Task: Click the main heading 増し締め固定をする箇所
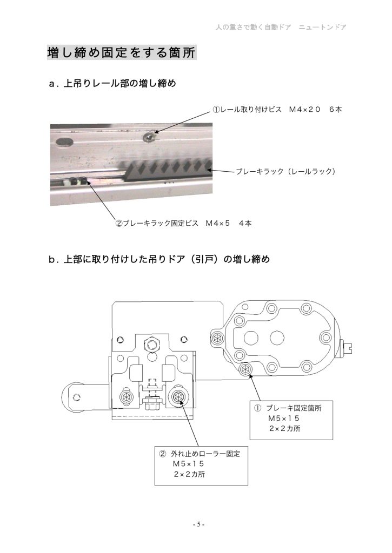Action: (122, 52)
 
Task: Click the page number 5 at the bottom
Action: (198, 524)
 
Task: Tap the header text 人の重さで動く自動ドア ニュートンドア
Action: (281, 27)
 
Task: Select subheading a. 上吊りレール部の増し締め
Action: (112, 84)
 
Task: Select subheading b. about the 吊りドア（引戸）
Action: (160, 259)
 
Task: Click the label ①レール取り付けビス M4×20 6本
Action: (277, 109)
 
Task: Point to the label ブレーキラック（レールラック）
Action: (285, 171)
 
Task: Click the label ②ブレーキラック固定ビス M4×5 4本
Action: (184, 223)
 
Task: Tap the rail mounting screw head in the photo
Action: (150, 136)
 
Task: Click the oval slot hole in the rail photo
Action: (65, 142)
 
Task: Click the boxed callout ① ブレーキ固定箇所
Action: (291, 420)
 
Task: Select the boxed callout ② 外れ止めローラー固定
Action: (201, 466)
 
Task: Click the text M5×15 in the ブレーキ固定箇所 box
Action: (283, 419)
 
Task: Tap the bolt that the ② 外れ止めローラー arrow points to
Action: (177, 397)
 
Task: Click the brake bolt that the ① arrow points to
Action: (245, 369)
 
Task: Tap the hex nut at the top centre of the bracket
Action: (152, 344)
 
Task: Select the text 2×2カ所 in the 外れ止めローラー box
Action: (189, 474)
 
